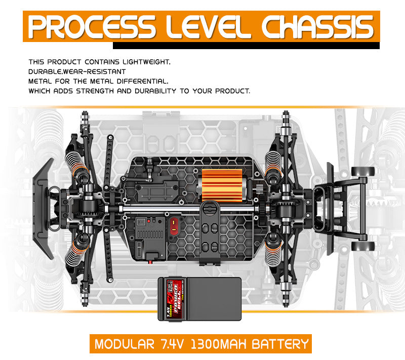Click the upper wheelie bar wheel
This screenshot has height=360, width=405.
coord(363,171)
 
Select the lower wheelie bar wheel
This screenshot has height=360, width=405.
coord(363,246)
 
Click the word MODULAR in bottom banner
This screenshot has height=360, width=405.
coord(123,345)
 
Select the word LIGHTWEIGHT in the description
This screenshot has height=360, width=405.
coord(143,62)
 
